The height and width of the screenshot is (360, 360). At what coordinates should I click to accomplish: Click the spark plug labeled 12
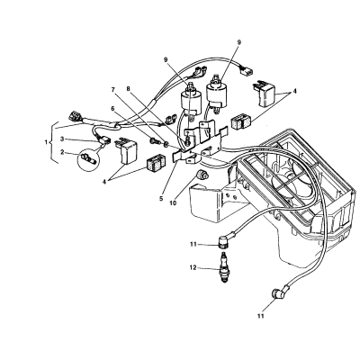(224, 267)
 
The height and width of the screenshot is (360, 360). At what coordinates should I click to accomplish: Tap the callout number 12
(193, 267)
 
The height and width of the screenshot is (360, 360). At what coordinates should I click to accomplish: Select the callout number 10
(173, 202)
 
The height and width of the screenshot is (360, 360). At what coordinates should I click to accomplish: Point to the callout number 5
(161, 198)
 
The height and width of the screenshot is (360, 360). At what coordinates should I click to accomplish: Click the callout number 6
(112, 109)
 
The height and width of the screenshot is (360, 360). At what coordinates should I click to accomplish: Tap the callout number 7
(129, 89)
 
